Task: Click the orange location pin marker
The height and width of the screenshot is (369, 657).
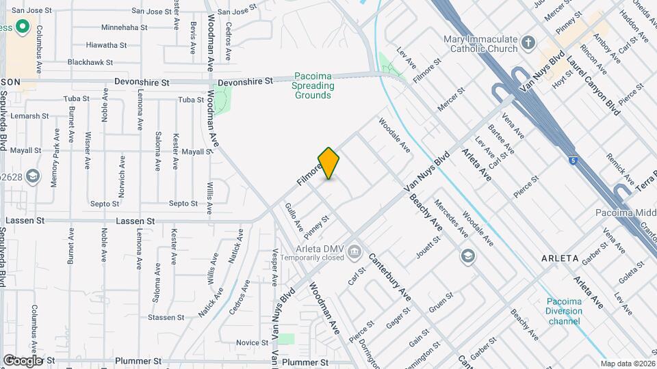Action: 329,163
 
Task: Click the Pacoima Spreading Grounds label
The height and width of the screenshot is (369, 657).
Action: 314,85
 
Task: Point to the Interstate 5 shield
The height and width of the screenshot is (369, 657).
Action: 572,160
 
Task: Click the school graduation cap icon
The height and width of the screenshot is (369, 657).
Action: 468,256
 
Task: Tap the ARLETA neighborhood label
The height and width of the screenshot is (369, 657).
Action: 560,258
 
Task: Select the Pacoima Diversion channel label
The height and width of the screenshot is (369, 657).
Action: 564,312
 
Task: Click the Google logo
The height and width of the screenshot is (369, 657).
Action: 23,360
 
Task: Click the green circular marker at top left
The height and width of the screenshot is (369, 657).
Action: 22,27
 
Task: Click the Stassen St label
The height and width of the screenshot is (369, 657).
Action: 162,317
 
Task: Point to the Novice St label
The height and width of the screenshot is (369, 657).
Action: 252,342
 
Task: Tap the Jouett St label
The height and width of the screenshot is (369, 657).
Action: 428,247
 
